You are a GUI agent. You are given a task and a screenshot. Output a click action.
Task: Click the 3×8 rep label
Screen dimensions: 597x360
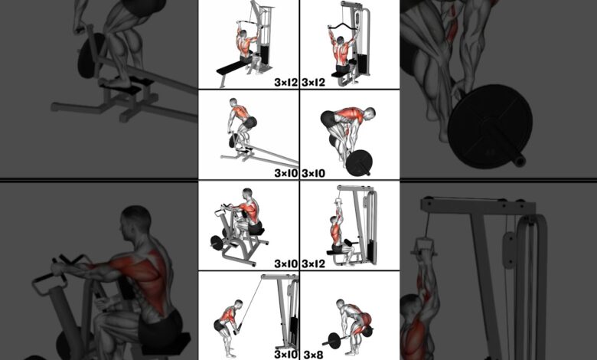(313, 355)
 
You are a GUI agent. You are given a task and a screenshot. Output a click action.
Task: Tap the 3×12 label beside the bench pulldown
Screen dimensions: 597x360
(286, 82)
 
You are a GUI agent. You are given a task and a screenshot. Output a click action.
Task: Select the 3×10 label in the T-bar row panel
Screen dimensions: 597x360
(286, 173)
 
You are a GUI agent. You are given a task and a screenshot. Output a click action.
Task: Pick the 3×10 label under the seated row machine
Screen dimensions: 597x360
(286, 263)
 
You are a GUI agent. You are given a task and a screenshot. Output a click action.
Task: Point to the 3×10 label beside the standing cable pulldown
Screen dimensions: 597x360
(286, 355)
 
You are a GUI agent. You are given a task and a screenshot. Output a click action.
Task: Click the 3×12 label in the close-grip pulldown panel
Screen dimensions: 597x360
(313, 263)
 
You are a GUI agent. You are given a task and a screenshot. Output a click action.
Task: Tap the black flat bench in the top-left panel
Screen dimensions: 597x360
(231, 68)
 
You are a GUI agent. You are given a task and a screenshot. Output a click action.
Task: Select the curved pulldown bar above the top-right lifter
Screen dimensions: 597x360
(344, 27)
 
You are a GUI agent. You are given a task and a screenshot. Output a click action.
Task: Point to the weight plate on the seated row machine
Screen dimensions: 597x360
(217, 243)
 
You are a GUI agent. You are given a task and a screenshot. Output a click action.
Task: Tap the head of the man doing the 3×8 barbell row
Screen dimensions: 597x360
(340, 303)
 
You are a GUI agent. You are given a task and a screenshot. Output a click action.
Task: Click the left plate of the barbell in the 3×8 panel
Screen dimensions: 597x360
(334, 341)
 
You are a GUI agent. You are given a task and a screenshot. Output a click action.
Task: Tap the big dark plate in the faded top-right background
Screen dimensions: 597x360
(490, 126)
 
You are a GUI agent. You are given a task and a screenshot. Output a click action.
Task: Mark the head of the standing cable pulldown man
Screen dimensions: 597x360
(239, 303)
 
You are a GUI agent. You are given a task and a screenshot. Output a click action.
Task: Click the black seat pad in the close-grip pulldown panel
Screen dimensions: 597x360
(336, 252)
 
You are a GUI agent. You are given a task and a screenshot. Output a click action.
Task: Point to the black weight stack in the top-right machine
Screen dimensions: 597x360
(362, 64)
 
